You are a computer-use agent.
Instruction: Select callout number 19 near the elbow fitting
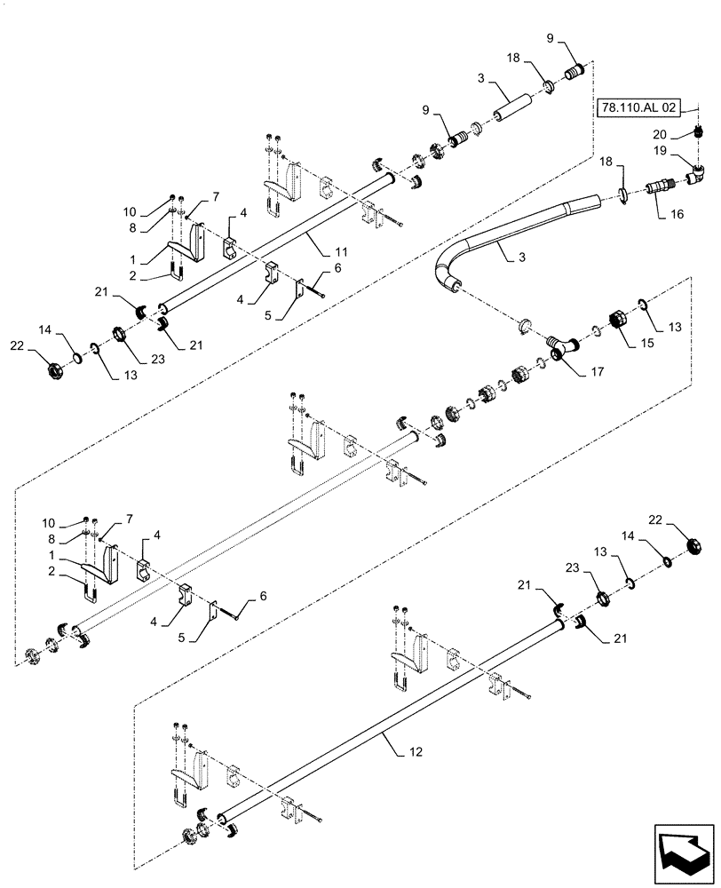(x=662, y=153)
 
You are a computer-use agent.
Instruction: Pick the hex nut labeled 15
(x=614, y=321)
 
